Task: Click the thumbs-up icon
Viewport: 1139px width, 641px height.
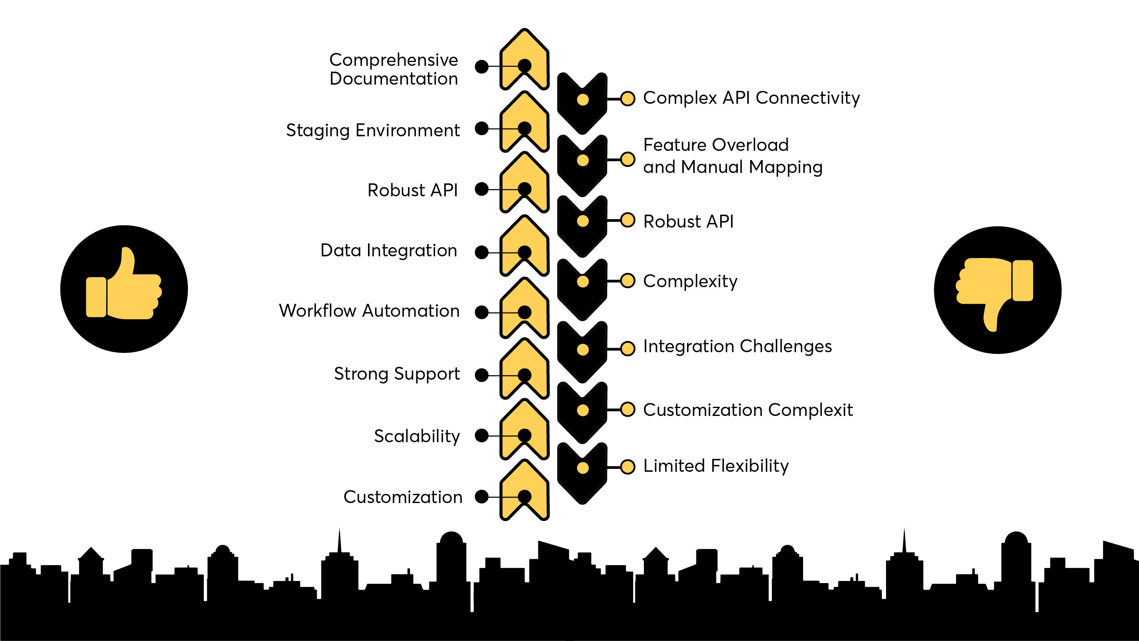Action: click(x=124, y=289)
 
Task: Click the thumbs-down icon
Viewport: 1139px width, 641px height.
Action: click(x=997, y=290)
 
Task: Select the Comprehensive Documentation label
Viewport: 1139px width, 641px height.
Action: click(x=393, y=69)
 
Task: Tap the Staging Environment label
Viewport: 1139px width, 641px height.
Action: click(x=373, y=130)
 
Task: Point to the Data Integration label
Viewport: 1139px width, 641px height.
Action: click(x=389, y=250)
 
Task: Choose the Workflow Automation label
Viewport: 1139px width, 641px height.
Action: click(x=369, y=311)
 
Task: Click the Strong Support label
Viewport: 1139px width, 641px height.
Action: click(x=397, y=373)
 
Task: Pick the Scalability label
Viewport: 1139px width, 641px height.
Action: click(x=417, y=436)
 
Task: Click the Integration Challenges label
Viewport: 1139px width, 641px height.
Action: click(x=737, y=346)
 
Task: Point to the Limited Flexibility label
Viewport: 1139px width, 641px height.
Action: click(x=716, y=466)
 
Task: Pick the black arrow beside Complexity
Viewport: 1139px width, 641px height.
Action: click(x=582, y=290)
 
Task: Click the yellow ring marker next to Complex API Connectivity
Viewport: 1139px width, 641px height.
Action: click(x=627, y=99)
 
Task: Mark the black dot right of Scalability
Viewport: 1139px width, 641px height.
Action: click(x=481, y=436)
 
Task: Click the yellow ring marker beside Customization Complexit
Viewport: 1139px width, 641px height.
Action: click(x=627, y=409)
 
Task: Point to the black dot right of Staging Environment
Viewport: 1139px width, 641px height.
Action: click(x=481, y=129)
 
